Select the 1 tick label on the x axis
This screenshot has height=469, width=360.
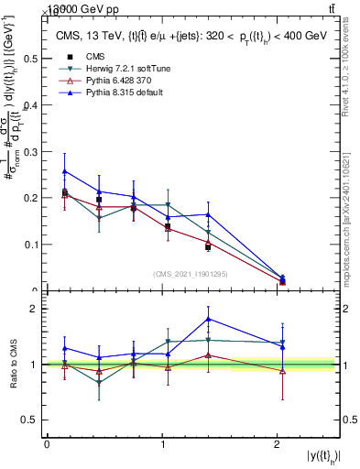click(163, 443)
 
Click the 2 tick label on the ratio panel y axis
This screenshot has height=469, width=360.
click(34, 309)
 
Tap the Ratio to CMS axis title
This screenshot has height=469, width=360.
click(14, 365)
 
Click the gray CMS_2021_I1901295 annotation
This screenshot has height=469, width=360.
click(191, 274)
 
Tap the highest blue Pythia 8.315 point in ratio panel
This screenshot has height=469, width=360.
click(209, 319)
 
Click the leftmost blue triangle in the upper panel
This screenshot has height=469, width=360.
click(64, 170)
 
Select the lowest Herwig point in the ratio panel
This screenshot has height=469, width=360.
click(99, 382)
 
